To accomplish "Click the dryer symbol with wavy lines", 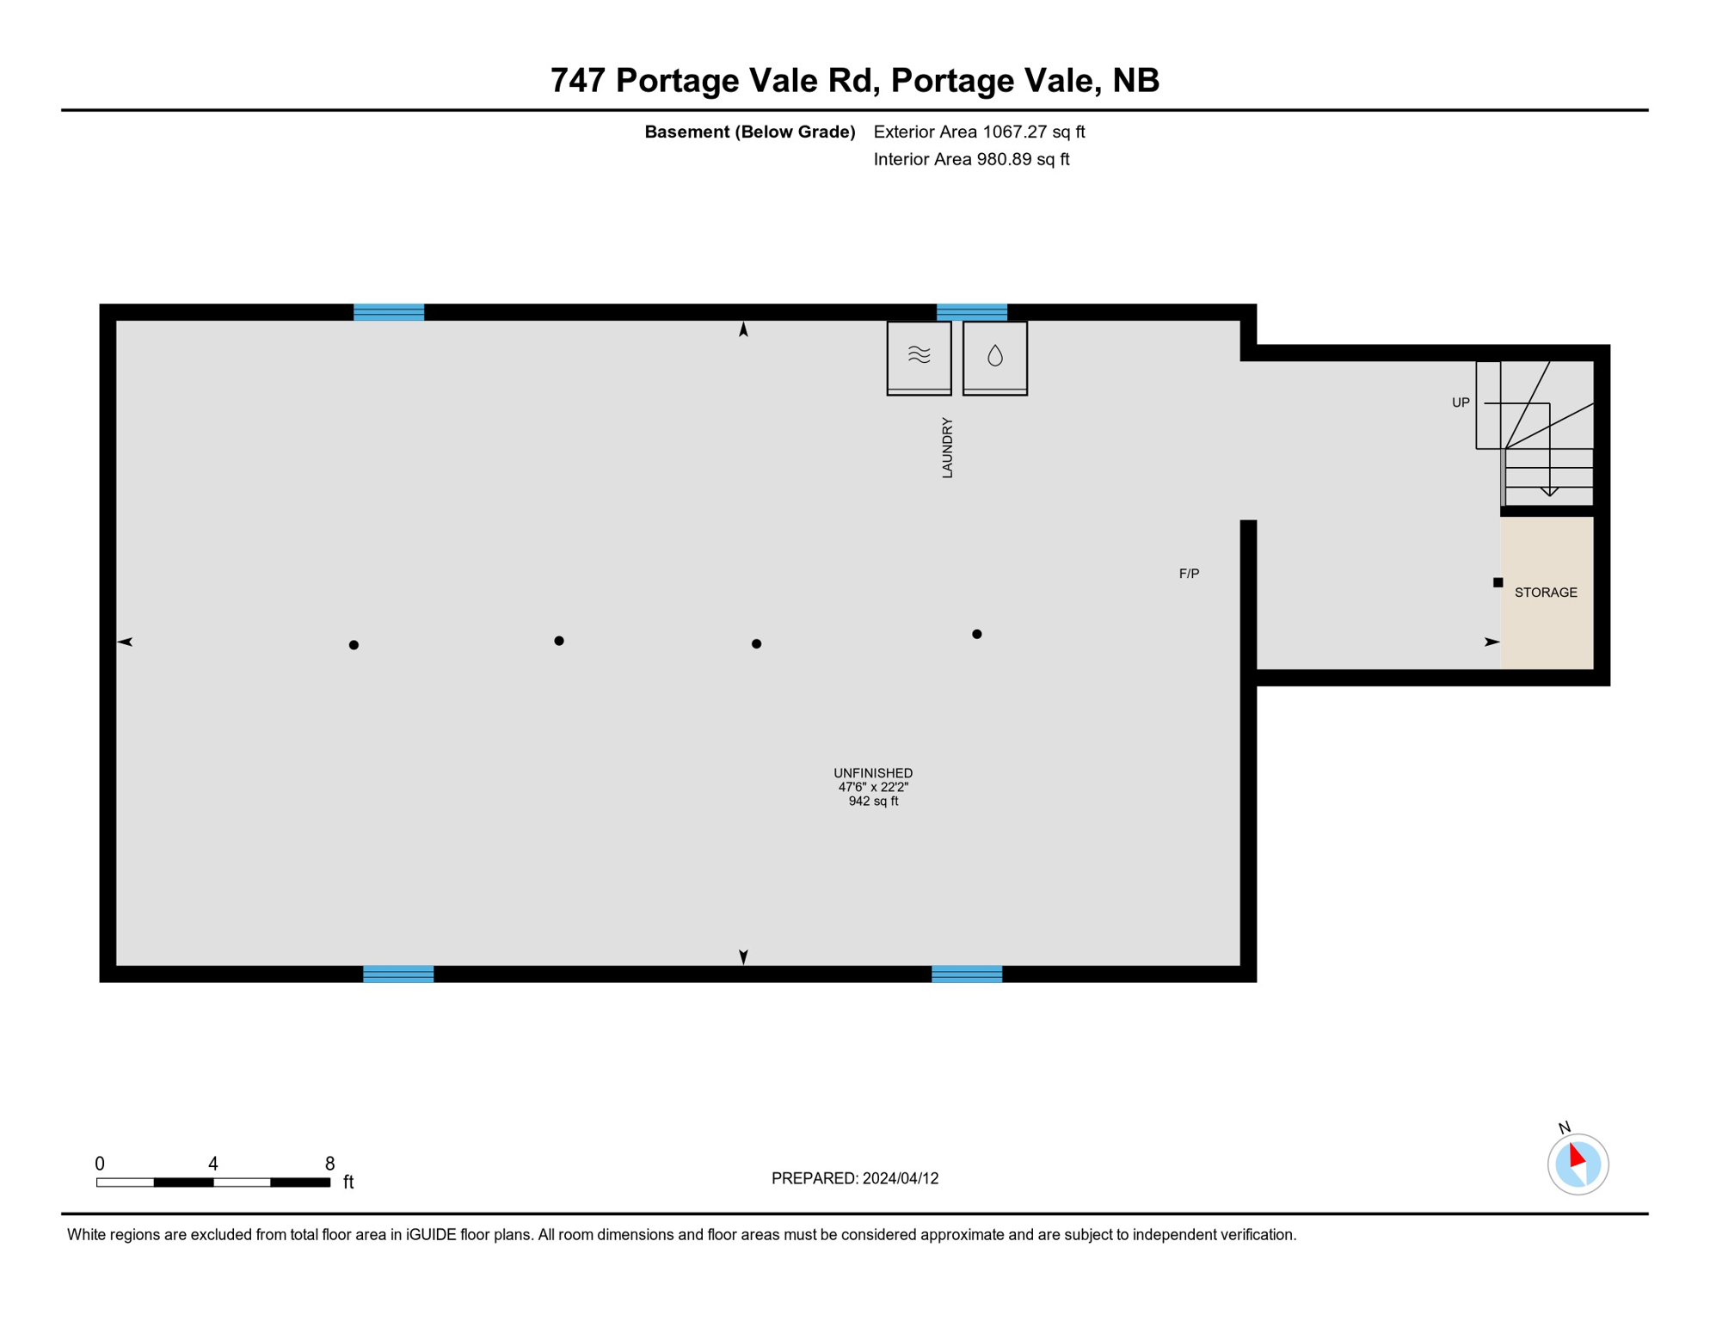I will [x=919, y=355].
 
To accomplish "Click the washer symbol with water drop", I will [x=995, y=356].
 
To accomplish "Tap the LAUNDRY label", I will [x=947, y=447].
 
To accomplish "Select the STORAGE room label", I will [x=1546, y=593].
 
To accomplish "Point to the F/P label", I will [x=1189, y=574].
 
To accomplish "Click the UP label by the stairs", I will [x=1461, y=402].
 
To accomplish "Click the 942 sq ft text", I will [x=873, y=802].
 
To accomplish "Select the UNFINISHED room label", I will [x=873, y=773].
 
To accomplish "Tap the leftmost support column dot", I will [x=354, y=645].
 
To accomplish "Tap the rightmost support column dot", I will [x=977, y=635].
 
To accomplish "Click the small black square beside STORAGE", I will [x=1498, y=582].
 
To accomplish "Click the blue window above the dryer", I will [x=972, y=312].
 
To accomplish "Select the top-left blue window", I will [x=389, y=312].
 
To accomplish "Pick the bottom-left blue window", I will [x=398, y=974].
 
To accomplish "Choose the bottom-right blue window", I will [x=967, y=974].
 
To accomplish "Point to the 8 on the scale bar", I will [x=329, y=1164].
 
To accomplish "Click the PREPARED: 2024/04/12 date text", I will [x=855, y=1178].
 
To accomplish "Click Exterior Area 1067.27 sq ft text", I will [x=979, y=132].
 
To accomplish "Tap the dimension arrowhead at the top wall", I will [x=743, y=329].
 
